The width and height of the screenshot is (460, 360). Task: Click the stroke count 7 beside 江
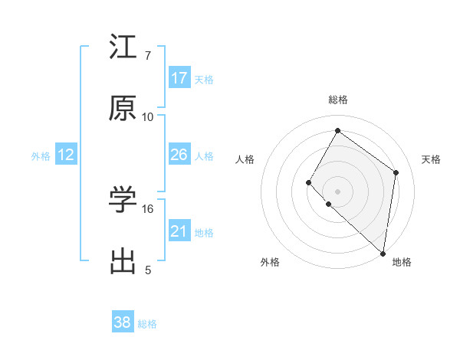(147, 56)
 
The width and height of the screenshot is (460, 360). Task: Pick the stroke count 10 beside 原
(147, 117)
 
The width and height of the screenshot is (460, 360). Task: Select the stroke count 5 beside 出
(147, 270)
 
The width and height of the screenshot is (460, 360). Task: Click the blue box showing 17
(179, 78)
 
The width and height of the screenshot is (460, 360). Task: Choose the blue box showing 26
(179, 155)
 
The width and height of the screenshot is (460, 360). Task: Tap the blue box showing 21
(179, 231)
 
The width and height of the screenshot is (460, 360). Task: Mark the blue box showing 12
(66, 155)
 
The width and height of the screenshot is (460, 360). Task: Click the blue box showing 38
(123, 323)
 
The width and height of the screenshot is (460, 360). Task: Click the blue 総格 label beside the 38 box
(147, 324)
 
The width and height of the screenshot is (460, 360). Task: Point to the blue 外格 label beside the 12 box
(41, 155)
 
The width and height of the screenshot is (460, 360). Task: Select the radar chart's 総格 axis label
(337, 100)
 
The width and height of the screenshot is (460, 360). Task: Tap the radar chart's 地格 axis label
(402, 262)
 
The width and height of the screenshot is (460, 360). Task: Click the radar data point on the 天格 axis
(396, 172)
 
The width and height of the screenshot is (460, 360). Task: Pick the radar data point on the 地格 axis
(383, 254)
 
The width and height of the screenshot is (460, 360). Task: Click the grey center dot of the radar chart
(337, 191)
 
